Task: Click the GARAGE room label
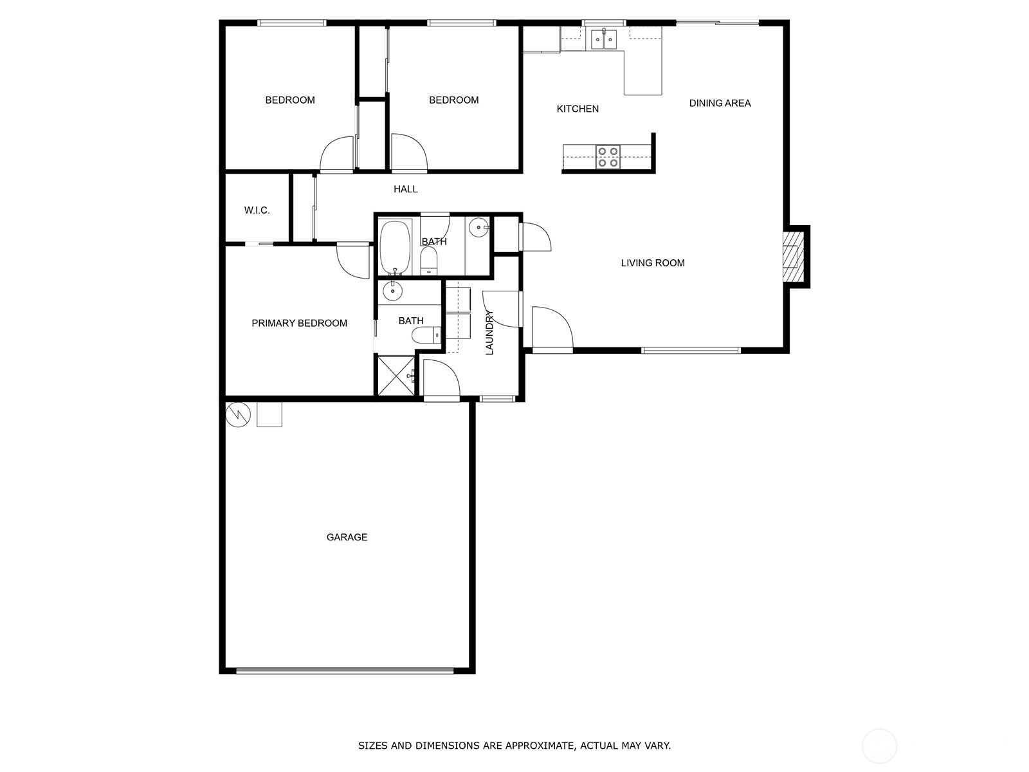347,537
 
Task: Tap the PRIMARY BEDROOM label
299,323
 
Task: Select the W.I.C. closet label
257,210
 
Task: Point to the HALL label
406,189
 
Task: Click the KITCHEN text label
578,109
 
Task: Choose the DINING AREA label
720,103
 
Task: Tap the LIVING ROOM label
653,263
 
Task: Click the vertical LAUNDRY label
489,333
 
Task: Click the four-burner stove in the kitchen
608,156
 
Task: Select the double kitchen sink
604,39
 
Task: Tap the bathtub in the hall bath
395,248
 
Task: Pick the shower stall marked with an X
397,376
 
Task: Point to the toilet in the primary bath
426,335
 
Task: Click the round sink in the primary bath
392,291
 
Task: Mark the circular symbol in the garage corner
238,414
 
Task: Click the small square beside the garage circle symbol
269,415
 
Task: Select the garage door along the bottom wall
345,671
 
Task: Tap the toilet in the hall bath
428,260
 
